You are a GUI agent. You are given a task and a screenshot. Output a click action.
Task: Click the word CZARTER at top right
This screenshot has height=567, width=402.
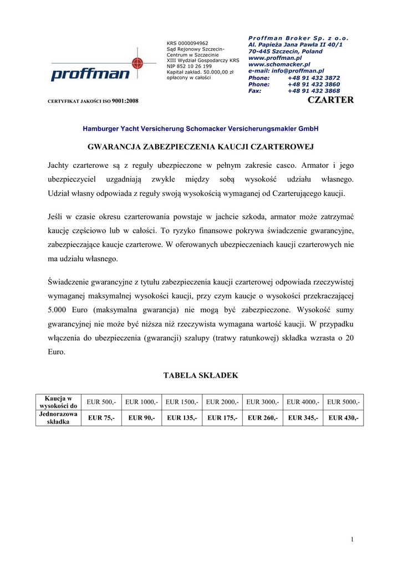pos(330,100)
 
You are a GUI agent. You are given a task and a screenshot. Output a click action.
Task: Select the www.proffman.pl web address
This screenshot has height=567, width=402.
pos(275,58)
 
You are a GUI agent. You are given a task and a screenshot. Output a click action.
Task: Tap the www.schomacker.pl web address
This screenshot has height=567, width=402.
pos(279,64)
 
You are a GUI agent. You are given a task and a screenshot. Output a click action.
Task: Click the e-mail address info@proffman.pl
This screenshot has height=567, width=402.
pos(286,71)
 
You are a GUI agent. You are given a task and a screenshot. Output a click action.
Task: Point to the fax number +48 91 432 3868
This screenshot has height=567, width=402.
pos(314,91)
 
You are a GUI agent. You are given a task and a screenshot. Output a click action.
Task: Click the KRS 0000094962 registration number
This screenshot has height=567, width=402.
pos(187,43)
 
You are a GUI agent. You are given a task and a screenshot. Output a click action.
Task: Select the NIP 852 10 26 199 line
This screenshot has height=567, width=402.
pos(189,66)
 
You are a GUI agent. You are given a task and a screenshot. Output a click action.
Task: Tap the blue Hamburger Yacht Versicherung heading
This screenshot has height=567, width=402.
pos(201,128)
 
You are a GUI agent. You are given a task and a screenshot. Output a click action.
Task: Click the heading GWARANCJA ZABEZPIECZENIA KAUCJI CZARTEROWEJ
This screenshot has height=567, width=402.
pos(201,147)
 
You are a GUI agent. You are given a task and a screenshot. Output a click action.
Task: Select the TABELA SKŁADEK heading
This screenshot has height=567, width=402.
pos(201,375)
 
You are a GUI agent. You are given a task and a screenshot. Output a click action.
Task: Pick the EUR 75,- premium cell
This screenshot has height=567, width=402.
pos(101,418)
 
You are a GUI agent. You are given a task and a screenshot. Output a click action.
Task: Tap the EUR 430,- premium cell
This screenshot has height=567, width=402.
pos(344,418)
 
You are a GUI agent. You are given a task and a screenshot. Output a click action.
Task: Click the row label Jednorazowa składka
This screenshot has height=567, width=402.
pos(58,418)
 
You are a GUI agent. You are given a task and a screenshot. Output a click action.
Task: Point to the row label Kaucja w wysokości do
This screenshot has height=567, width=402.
pos(58,401)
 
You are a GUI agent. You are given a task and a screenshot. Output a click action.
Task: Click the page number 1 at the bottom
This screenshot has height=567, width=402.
pos(352,539)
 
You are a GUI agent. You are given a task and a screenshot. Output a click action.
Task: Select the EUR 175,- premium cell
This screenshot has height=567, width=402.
pos(222,418)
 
